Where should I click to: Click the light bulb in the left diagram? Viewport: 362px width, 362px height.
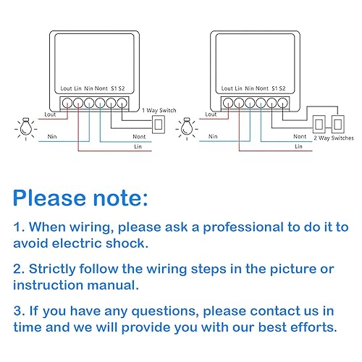[x=26, y=128]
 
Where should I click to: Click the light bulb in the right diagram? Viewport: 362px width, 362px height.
[x=187, y=128]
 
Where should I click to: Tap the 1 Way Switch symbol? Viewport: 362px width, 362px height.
[x=159, y=125]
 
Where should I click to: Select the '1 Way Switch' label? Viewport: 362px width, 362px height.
[x=159, y=111]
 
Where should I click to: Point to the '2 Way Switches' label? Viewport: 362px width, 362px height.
[x=334, y=138]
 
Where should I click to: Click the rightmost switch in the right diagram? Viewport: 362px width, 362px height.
[x=337, y=125]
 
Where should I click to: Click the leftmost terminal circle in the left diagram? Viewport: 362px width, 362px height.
[x=67, y=104]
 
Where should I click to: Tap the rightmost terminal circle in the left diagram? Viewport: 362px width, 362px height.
[x=122, y=104]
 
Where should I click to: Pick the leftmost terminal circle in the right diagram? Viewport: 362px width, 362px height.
[x=228, y=104]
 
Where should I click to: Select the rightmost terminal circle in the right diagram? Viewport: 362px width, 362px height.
[x=282, y=104]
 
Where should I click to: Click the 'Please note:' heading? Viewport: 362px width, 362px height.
[x=80, y=198]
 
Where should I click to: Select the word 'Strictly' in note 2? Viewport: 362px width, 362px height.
[x=52, y=269]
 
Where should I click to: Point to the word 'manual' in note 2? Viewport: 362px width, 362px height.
[x=113, y=285]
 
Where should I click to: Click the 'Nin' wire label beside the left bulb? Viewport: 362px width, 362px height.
[x=52, y=137]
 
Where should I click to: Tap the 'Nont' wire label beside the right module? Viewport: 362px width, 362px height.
[x=300, y=137]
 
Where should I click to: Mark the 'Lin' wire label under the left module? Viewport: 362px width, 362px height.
[x=138, y=146]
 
